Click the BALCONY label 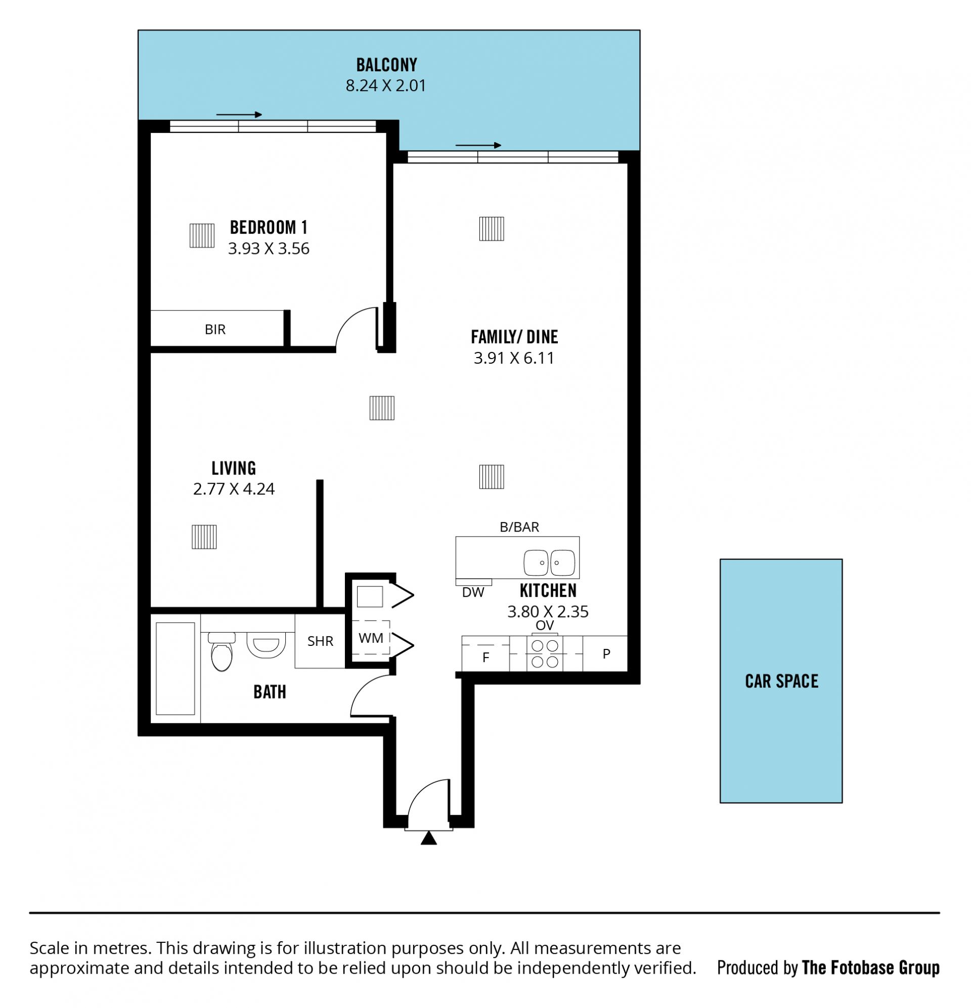[x=386, y=65]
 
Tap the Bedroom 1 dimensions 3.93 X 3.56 [x=269, y=248]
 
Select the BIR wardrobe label [x=215, y=329]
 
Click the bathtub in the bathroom [x=175, y=669]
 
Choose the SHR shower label [x=320, y=641]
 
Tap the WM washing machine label [x=371, y=638]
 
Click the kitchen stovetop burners [x=545, y=653]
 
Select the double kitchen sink [x=549, y=562]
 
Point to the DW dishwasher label [x=473, y=592]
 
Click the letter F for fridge [x=485, y=658]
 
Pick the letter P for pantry [x=606, y=653]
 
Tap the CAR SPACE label [x=781, y=681]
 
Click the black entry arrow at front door [x=428, y=838]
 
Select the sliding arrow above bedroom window [x=239, y=115]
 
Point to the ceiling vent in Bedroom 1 [x=202, y=236]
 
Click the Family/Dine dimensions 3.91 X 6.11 [x=514, y=358]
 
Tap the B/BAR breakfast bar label [x=519, y=527]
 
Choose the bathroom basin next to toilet [x=266, y=645]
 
